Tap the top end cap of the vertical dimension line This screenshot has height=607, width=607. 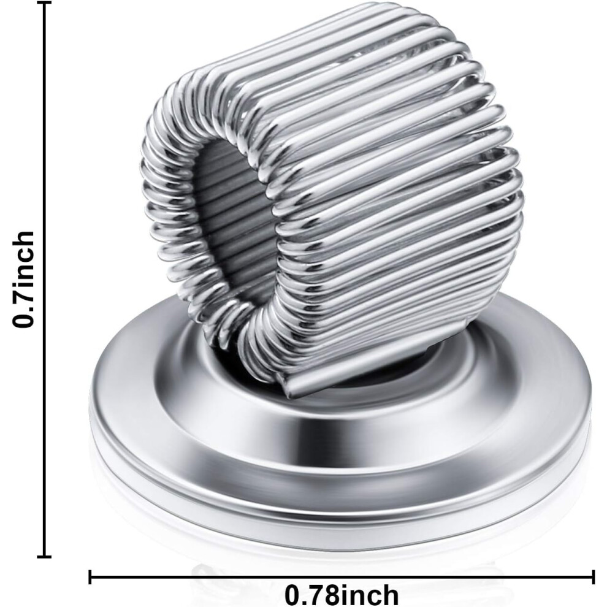46,4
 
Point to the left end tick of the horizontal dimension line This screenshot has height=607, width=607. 90,576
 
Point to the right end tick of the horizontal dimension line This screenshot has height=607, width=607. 593,576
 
